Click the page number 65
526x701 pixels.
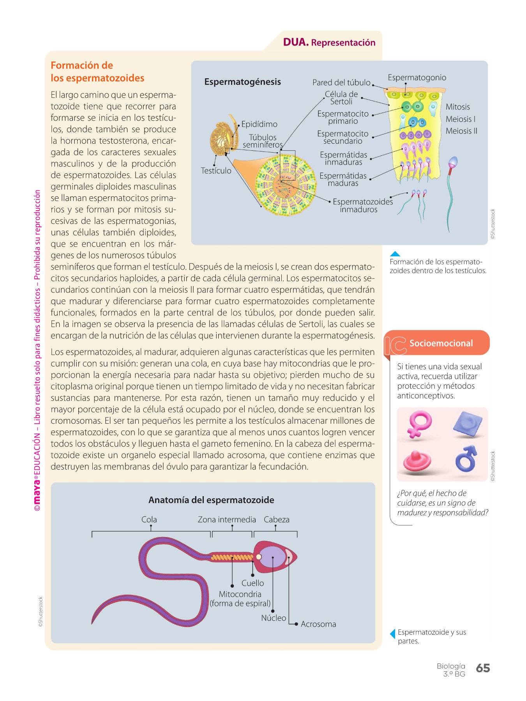pos(483,668)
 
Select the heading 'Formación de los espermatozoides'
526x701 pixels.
pos(97,72)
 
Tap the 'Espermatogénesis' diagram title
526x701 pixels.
pos(242,82)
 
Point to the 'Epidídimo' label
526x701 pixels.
pos(259,124)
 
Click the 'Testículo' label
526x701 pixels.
pos(216,171)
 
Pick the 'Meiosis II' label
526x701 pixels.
pos(461,131)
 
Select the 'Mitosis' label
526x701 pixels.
pos(458,107)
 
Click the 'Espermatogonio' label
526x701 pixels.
pos(417,77)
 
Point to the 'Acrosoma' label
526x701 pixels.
pos(318,624)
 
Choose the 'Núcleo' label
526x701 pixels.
pos(274,618)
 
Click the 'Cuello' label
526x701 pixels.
pos(252,583)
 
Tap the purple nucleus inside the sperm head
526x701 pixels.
pos(273,557)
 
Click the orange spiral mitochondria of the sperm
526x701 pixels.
pos(232,557)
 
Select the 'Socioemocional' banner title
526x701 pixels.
pos(441,343)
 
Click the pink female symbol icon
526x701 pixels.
pos(420,424)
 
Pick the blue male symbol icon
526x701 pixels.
pos(466,458)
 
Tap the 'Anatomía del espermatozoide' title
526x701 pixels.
pos(211,500)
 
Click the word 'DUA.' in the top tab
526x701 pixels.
pos(296,42)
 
